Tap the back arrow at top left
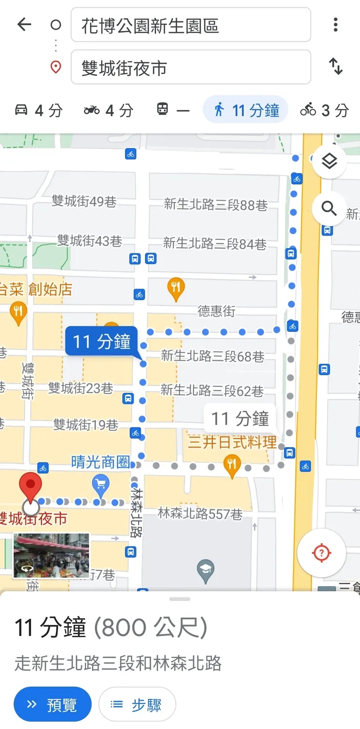pos(24,24)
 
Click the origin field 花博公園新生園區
pos(191,25)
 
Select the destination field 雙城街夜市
pos(191,67)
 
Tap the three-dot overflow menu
pos(335,25)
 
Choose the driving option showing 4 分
pos(38,110)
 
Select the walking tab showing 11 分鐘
pos(246,110)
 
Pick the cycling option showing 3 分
pos(324,110)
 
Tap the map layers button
pos(329,161)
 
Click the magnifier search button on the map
pos(329,209)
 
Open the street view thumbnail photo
pos(51,555)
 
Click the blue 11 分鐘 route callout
pos(102,342)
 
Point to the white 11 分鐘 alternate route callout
pos(240,418)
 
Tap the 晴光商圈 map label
pos(100,462)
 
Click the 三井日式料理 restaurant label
pos(232,443)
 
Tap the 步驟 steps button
pos(137,704)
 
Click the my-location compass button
pos(321,553)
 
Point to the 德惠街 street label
pos(216,311)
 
